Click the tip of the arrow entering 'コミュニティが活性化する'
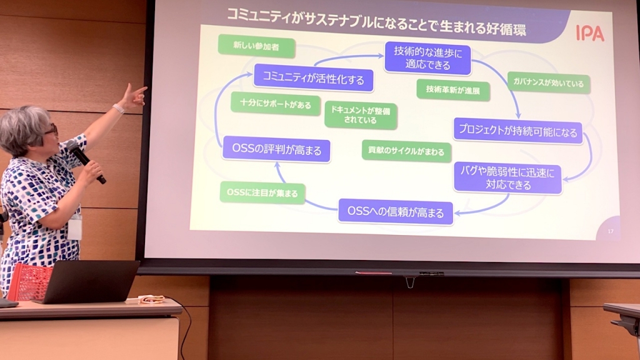tap(253, 74)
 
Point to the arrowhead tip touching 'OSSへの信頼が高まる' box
tap(455, 213)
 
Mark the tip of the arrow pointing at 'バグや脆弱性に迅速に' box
tap(563, 179)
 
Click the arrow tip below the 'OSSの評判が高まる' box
tap(277, 162)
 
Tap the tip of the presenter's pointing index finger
tap(146, 87)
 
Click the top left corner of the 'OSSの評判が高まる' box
tap(223, 136)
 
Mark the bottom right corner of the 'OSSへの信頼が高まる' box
tap(453, 224)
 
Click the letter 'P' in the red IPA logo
tap(586, 33)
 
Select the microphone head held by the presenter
tap(72, 146)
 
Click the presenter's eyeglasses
tap(52, 130)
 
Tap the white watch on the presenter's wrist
tap(118, 109)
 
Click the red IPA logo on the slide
tap(590, 33)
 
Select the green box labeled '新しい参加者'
tap(256, 46)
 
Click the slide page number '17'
tap(611, 231)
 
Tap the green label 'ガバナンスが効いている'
tap(549, 83)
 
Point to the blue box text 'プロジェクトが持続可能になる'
tap(518, 131)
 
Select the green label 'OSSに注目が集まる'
tap(262, 192)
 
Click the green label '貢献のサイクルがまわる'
tap(406, 151)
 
